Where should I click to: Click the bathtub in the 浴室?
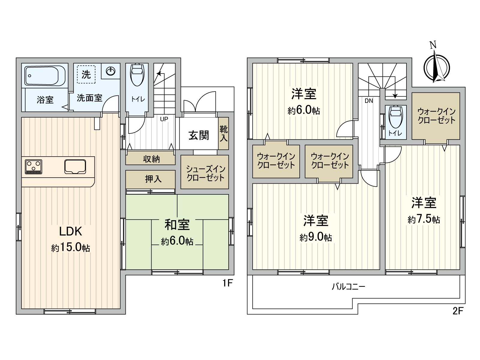pyautogui.click(x=45, y=76)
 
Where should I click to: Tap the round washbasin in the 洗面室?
pyautogui.click(x=111, y=71)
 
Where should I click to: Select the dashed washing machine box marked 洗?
pyautogui.click(x=86, y=74)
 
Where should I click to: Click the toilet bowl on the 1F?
pyautogui.click(x=137, y=75)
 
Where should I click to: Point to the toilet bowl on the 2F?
pyautogui.click(x=396, y=117)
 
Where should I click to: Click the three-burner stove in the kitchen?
pyautogui.click(x=34, y=166)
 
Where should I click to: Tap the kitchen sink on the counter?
pyautogui.click(x=75, y=166)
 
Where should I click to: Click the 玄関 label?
pyautogui.click(x=199, y=135)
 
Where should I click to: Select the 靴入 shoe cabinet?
pyautogui.click(x=223, y=133)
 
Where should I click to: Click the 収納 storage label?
pyautogui.click(x=151, y=159)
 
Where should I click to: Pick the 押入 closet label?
pyautogui.click(x=153, y=179)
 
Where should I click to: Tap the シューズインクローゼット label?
pyautogui.click(x=205, y=173)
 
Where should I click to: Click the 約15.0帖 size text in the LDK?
pyautogui.click(x=70, y=248)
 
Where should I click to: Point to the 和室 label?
pyautogui.click(x=177, y=225)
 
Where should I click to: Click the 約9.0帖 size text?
pyautogui.click(x=316, y=237)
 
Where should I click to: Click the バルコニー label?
pyautogui.click(x=349, y=286)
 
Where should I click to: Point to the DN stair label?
pyautogui.click(x=369, y=101)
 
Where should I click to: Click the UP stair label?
pyautogui.click(x=164, y=119)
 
